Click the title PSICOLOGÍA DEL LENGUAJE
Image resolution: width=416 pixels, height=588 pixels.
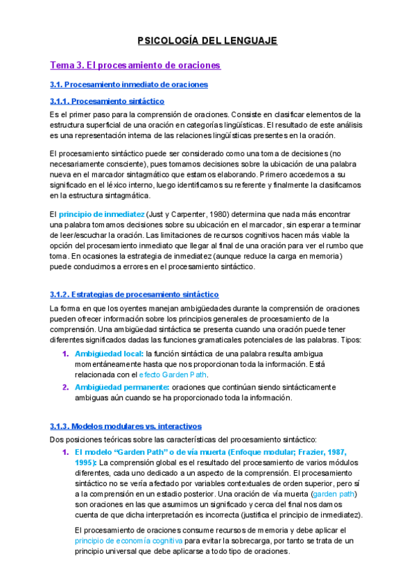pyautogui.click(x=208, y=41)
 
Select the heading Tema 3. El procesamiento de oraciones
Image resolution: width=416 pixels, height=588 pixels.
pyautogui.click(x=135, y=65)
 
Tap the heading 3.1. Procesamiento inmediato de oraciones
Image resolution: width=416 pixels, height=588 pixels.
pyautogui.click(x=129, y=85)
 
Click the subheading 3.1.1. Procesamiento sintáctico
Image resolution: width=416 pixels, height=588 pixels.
pyautogui.click(x=107, y=101)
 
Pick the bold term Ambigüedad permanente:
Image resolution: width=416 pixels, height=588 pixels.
pyautogui.click(x=121, y=387)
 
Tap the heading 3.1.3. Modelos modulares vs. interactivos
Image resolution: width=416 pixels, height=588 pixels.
pyautogui.click(x=125, y=426)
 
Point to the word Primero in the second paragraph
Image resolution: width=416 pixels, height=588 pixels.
pyautogui.click(x=281, y=174)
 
